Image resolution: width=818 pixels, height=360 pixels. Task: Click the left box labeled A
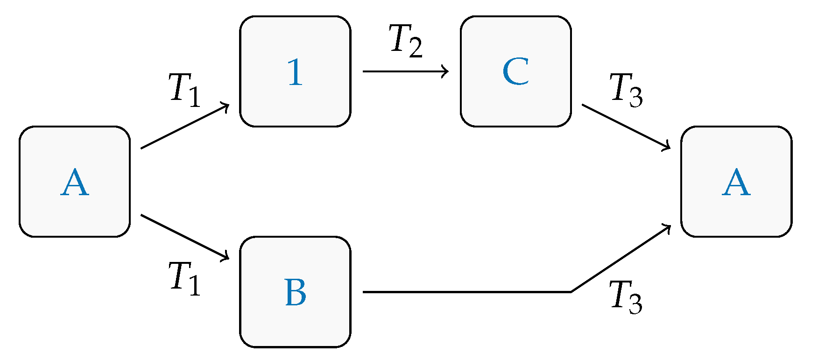pos(75,182)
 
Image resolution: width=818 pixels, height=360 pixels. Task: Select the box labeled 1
pos(295,71)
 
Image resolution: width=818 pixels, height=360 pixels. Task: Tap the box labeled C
pos(515,71)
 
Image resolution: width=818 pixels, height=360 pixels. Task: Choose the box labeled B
pos(295,292)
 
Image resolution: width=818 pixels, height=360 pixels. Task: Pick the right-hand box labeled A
pos(736,182)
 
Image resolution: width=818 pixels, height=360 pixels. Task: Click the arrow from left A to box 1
pos(185,126)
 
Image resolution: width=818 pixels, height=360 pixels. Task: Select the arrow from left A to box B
pos(185,237)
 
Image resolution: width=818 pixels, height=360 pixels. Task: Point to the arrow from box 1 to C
pos(405,71)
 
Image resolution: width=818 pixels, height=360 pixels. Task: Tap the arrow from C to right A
pos(626,127)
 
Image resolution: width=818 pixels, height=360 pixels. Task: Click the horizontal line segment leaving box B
pos(467,292)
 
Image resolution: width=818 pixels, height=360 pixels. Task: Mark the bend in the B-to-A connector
pos(571,292)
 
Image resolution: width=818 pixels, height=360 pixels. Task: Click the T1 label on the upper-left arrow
pos(185,90)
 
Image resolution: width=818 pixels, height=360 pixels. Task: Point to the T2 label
pos(405,41)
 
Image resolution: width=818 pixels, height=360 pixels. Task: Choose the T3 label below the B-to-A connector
pos(626,297)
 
